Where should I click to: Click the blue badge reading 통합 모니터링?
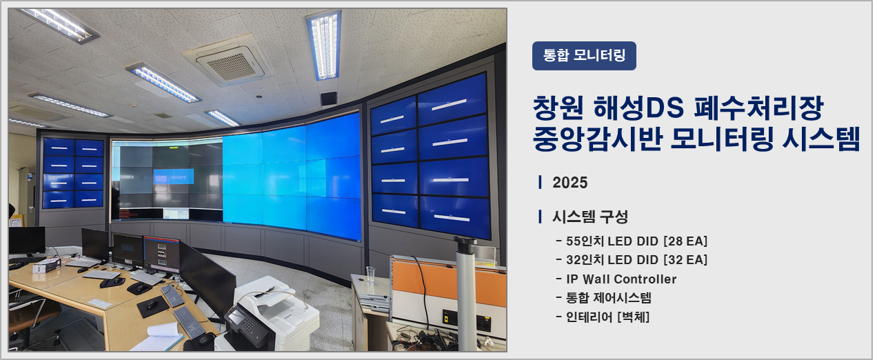click(584, 56)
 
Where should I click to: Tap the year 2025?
click(569, 183)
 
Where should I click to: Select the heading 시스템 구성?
click(590, 217)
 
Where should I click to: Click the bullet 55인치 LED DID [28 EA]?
click(632, 241)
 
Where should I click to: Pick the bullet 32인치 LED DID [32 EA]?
click(632, 260)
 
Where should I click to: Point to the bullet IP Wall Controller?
click(616, 279)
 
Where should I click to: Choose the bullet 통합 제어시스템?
click(603, 298)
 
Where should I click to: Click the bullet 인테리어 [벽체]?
click(603, 317)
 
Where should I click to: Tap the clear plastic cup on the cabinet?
click(370, 275)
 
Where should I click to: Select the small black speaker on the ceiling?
click(328, 99)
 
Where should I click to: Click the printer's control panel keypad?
click(249, 325)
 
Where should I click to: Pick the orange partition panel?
click(448, 281)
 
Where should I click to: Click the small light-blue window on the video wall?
click(174, 177)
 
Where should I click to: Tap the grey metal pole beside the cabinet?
click(466, 294)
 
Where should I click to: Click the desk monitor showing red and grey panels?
click(162, 254)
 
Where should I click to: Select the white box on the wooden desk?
click(46, 266)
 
